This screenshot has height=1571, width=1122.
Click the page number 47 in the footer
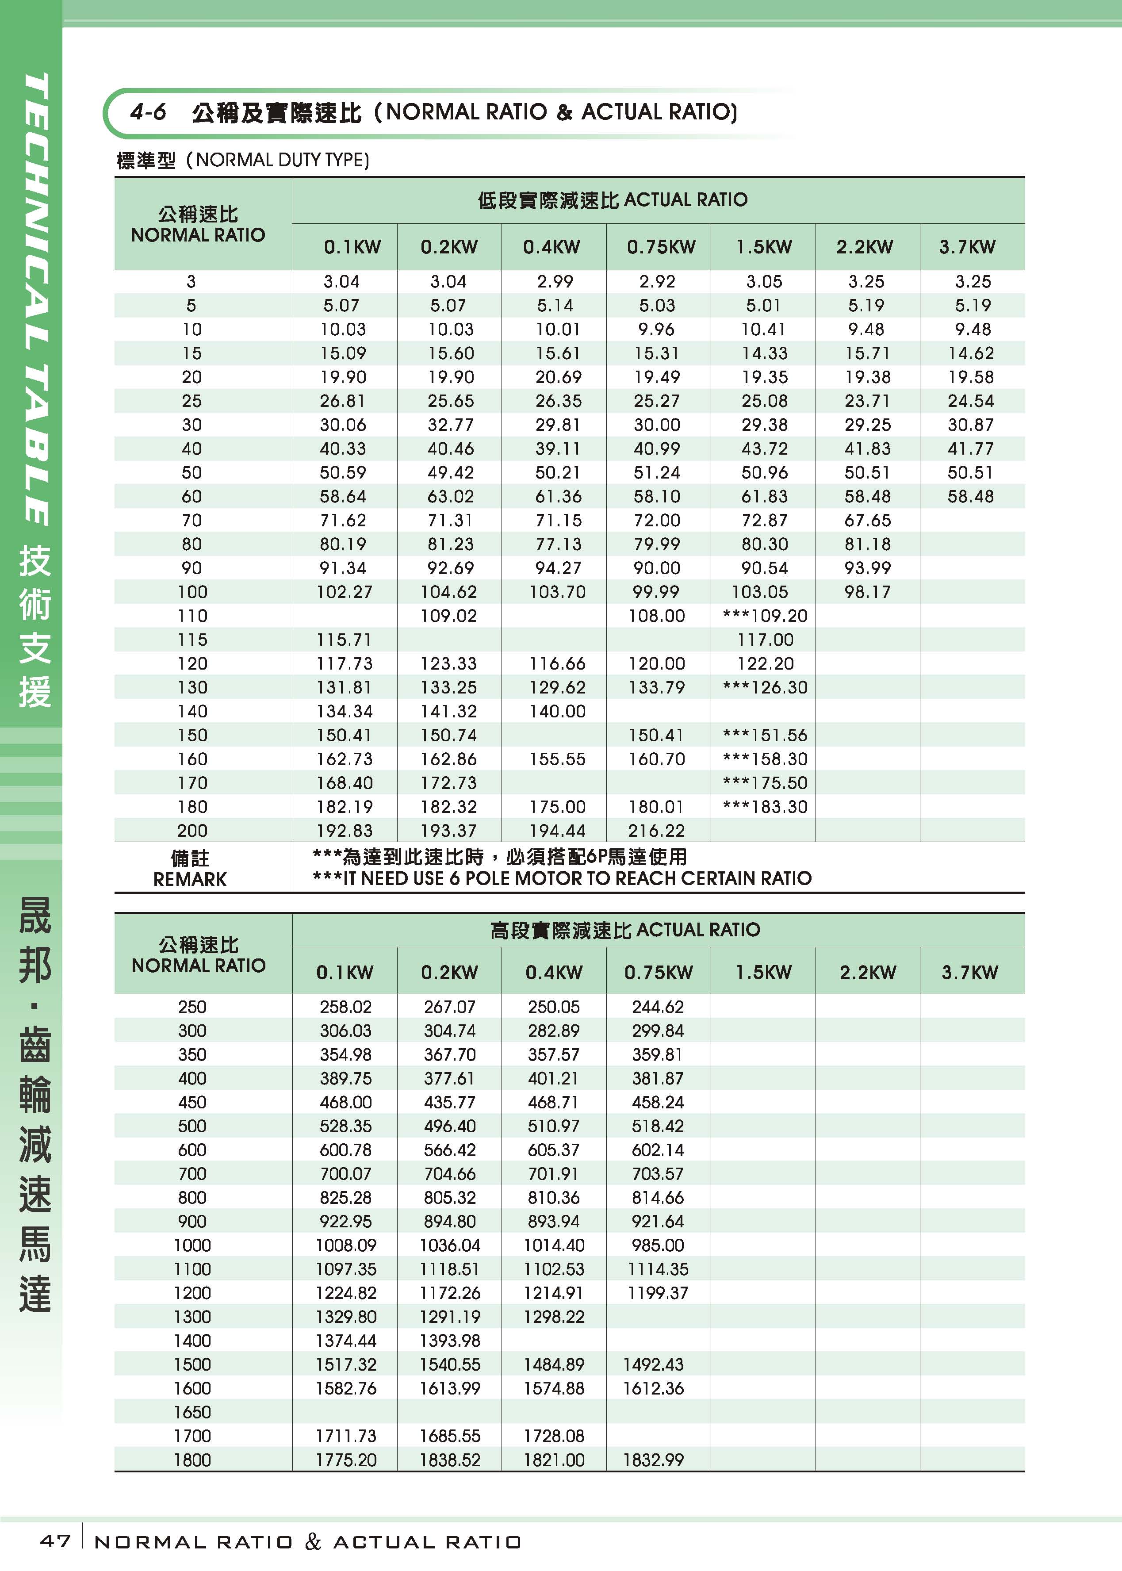pos(55,1540)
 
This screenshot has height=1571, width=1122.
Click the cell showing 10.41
pos(764,330)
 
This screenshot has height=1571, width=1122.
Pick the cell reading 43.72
pos(764,449)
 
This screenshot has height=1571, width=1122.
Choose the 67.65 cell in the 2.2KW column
pos(867,520)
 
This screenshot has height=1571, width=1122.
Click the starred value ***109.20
pos(764,616)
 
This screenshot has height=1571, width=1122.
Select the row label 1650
pos(192,1412)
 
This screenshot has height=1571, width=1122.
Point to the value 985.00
pos(657,1245)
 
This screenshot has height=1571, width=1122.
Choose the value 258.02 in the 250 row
pos(345,1007)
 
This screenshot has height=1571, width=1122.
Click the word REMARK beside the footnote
pos(190,879)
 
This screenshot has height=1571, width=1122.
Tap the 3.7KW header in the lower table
pos(969,972)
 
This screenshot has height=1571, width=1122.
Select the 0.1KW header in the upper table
pos(352,247)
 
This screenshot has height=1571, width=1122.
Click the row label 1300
pos(192,1317)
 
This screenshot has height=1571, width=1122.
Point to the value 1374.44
pos(345,1340)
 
